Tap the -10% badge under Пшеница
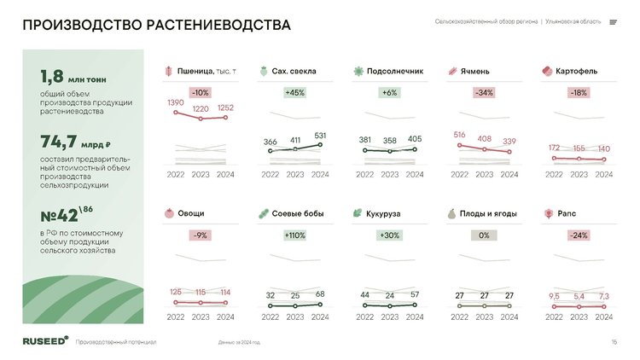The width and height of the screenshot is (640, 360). pos(201,92)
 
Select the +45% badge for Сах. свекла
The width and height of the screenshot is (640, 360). pos(295,92)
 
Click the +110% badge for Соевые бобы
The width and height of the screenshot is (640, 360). pos(295,235)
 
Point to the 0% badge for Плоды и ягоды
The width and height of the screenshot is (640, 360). pos(484,235)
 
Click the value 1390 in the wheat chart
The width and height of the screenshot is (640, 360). pos(175,103)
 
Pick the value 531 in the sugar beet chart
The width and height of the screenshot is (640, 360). pos(320,136)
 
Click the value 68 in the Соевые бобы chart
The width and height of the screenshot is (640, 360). pos(320,295)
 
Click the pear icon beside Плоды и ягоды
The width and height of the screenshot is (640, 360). pos(451,213)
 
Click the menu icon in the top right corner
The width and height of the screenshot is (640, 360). pos(613,22)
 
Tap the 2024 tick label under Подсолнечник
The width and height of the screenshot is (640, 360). pos(415,174)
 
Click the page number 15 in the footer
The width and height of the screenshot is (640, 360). pos(614,342)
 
